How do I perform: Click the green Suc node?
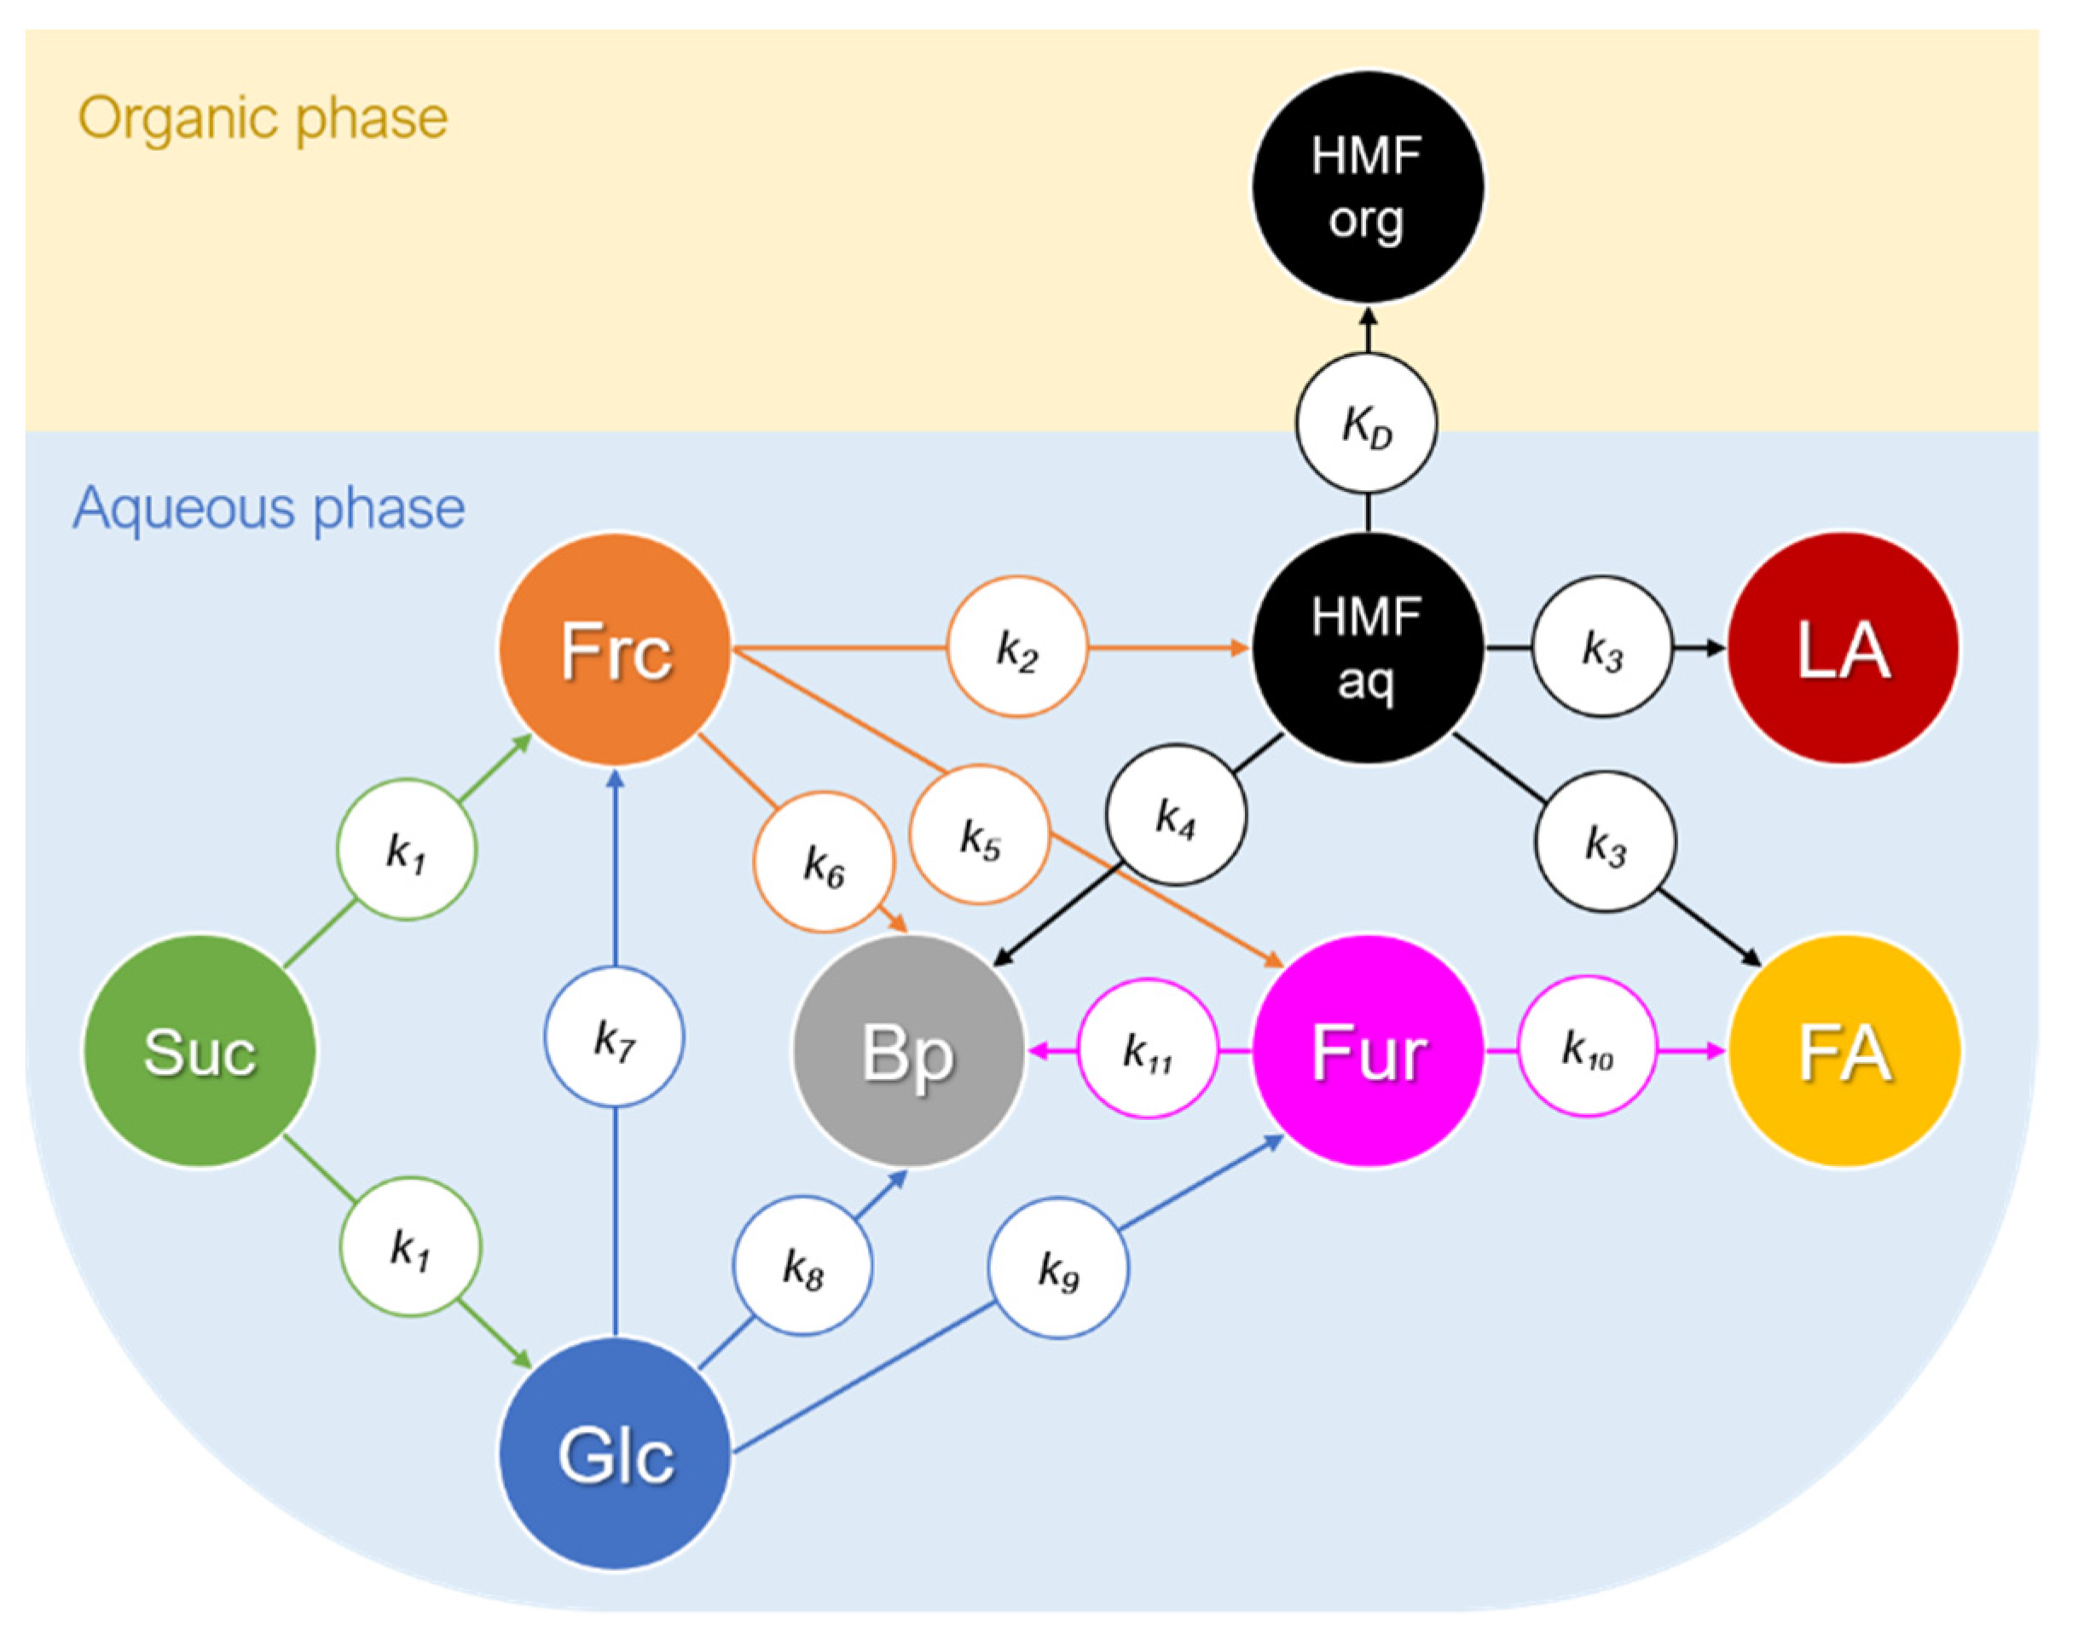[200, 1050]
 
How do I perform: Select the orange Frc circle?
[615, 650]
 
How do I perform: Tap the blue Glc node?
[615, 1453]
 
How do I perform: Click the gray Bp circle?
[908, 1051]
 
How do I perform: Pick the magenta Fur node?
[1368, 1050]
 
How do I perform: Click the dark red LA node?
[1843, 648]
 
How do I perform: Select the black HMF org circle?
[1368, 187]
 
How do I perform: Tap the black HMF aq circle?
[1368, 648]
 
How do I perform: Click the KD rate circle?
[1367, 423]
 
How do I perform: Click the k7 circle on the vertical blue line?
[614, 1037]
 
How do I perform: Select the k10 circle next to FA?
[1588, 1047]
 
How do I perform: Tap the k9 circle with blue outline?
[1057, 1268]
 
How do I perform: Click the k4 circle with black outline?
[1175, 815]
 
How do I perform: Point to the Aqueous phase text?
[269, 508]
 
